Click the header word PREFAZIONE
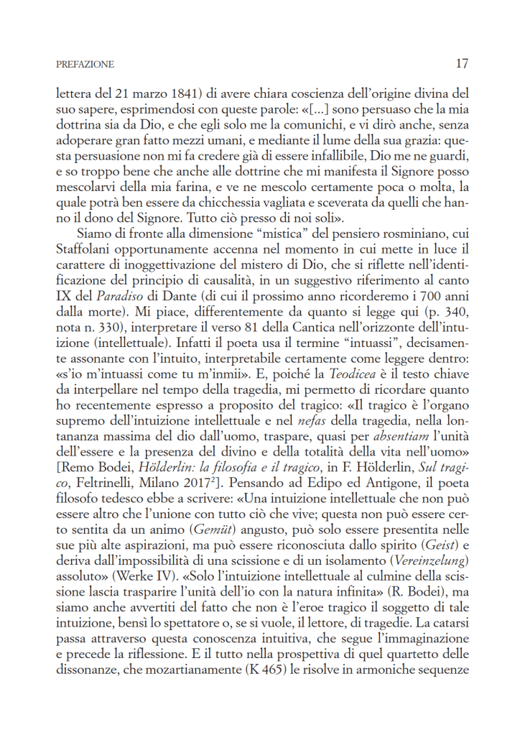tap(85, 65)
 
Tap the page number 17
tap(462, 63)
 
